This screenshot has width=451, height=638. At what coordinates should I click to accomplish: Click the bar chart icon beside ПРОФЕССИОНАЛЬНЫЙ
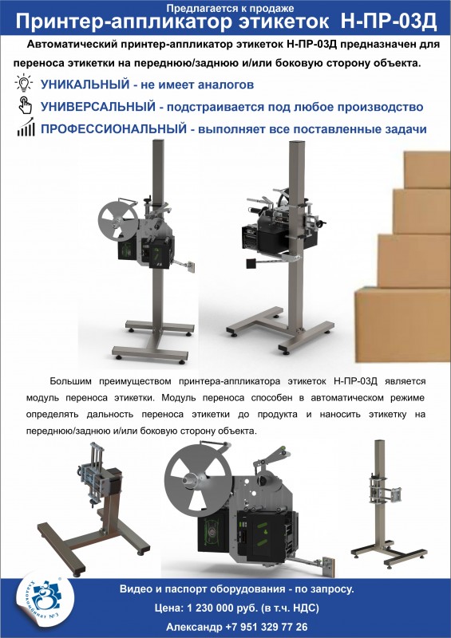point(25,128)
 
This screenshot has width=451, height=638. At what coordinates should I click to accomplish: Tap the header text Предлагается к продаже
point(224,6)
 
